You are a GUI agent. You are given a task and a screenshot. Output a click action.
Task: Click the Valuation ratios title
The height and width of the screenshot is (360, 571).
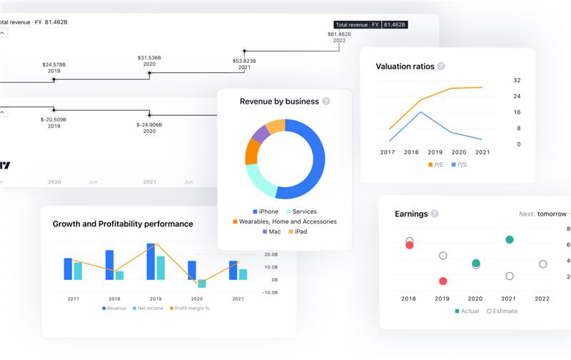tap(405, 66)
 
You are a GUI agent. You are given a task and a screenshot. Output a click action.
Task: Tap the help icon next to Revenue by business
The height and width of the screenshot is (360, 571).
tap(326, 101)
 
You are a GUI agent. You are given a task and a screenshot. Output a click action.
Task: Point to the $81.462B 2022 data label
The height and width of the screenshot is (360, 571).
tap(339, 37)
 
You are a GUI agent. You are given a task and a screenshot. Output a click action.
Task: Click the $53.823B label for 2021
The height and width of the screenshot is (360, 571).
tap(244, 65)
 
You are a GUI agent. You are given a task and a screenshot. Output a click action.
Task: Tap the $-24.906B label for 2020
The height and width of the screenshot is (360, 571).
tap(149, 128)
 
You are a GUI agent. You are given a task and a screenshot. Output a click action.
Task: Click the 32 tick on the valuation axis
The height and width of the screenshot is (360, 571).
tap(517, 80)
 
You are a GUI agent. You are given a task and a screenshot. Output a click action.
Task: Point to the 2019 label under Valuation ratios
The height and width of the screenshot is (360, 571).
tap(435, 152)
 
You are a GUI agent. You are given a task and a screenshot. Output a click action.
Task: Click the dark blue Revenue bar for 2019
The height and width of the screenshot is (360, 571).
tap(151, 262)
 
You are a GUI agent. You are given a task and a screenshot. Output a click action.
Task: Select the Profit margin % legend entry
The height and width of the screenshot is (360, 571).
tap(189, 308)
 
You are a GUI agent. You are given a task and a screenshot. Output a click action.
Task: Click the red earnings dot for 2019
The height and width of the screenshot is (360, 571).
tap(443, 281)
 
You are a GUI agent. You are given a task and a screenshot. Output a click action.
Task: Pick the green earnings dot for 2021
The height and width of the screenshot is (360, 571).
tap(509, 240)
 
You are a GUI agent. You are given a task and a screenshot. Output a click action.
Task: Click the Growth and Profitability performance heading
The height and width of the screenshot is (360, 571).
tap(123, 224)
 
